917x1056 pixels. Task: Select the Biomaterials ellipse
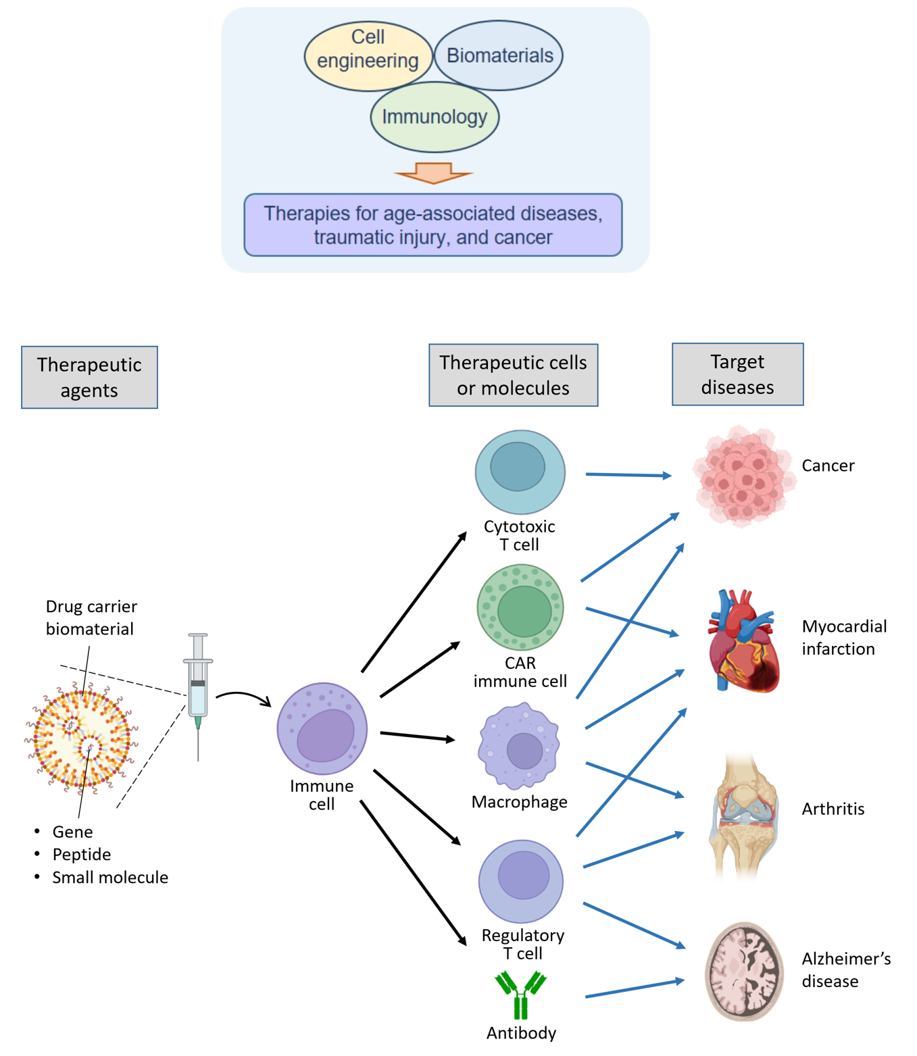[x=499, y=55]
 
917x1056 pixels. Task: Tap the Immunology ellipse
[x=435, y=117]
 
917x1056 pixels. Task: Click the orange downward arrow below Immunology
[x=433, y=173]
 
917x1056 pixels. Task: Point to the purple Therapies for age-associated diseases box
[x=433, y=225]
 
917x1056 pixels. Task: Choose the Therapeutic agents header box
[x=89, y=377]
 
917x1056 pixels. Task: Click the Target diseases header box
[x=737, y=374]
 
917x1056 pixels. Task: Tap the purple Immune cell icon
[x=322, y=728]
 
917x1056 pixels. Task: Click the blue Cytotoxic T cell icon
[x=520, y=472]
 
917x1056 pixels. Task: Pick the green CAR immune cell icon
[x=520, y=608]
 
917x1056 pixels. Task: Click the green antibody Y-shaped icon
[x=520, y=994]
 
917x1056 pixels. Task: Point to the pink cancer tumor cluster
[x=743, y=476]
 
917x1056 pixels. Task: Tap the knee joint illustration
[x=743, y=814]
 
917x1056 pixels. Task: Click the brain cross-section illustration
[x=744, y=971]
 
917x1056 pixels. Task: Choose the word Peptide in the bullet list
[x=82, y=855]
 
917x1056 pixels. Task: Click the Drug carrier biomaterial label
[x=91, y=618]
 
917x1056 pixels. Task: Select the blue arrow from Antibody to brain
[x=635, y=988]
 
